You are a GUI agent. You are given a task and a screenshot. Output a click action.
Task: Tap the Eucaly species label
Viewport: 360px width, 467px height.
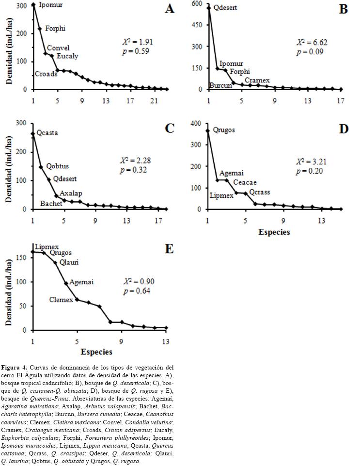67,56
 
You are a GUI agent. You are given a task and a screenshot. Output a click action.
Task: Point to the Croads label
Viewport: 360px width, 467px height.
45,74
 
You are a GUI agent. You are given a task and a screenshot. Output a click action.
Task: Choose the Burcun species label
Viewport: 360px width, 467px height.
219,85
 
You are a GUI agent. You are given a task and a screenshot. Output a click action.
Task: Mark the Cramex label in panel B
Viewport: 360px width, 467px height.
257,80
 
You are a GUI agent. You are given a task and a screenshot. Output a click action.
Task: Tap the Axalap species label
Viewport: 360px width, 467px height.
71,193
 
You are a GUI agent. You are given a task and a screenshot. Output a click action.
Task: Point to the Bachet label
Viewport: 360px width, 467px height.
51,204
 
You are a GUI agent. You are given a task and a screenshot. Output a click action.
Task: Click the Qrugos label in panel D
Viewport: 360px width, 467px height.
223,130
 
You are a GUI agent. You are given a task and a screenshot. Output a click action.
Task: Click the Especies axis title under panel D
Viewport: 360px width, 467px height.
274,232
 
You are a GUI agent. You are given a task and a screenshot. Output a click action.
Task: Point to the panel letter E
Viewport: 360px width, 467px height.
169,249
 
